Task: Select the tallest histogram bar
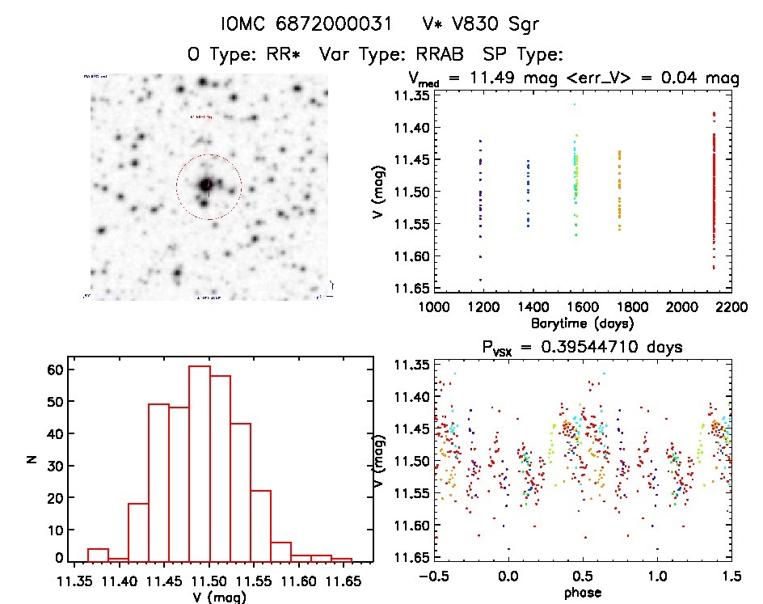200,461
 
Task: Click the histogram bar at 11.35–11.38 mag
99,554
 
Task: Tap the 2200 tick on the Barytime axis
731,307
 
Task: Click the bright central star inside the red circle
207,185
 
